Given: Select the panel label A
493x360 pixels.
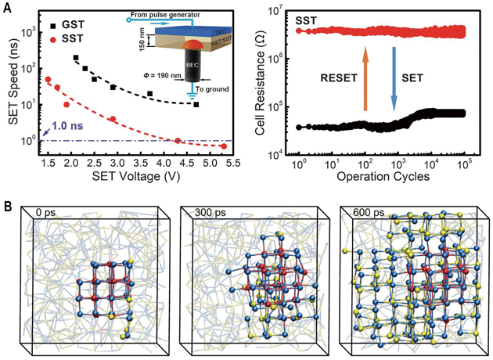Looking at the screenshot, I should [6, 7].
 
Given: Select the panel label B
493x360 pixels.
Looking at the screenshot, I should [6, 207].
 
